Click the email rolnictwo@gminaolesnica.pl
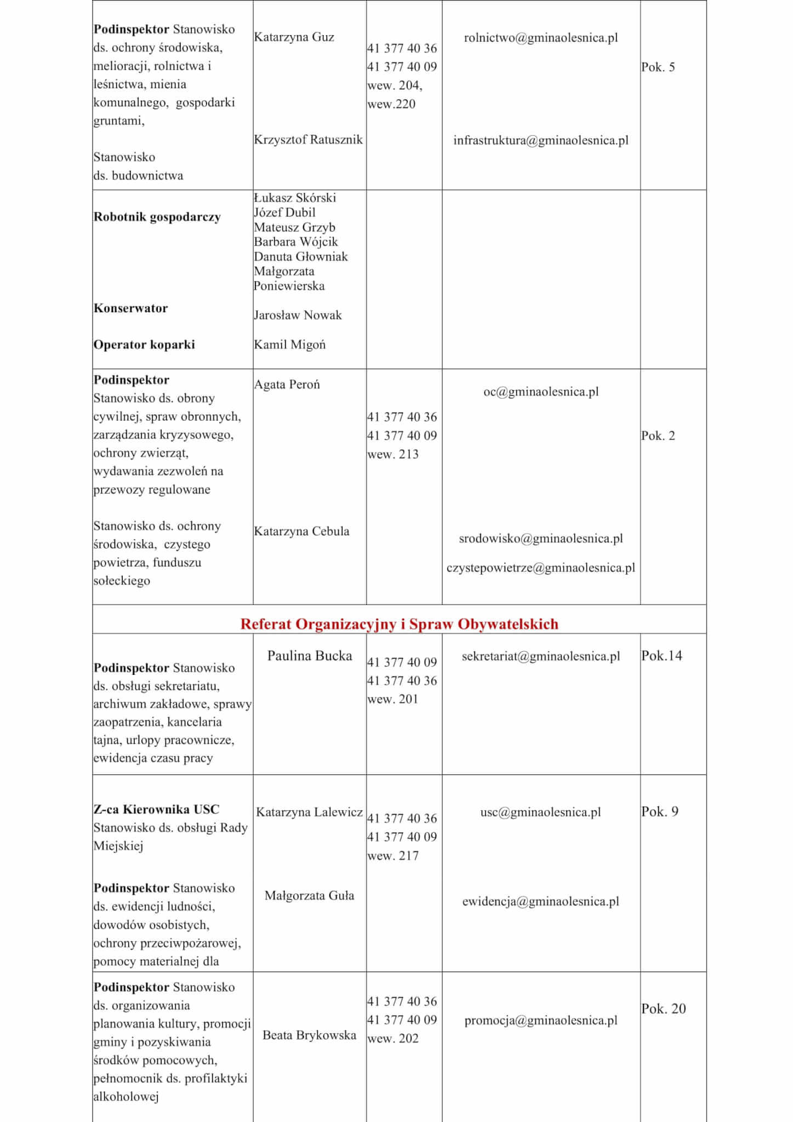pyautogui.click(x=540, y=38)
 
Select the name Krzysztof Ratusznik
pyautogui.click(x=308, y=140)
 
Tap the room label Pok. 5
pyautogui.click(x=658, y=67)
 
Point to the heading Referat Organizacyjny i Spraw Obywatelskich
pyautogui.click(x=399, y=624)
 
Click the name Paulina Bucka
pyautogui.click(x=310, y=656)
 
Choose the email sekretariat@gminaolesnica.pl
pyautogui.click(x=540, y=656)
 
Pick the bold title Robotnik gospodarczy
pyautogui.click(x=157, y=217)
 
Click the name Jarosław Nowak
pyautogui.click(x=298, y=315)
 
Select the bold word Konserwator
pyautogui.click(x=130, y=308)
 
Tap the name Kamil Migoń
pyautogui.click(x=289, y=345)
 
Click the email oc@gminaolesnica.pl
pyautogui.click(x=540, y=392)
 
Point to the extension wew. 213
pyautogui.click(x=393, y=454)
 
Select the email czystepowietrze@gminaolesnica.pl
pyautogui.click(x=540, y=568)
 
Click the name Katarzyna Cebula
pyautogui.click(x=301, y=531)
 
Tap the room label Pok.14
pyautogui.click(x=661, y=656)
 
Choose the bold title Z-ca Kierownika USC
pyautogui.click(x=156, y=809)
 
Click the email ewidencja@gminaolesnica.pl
pyautogui.click(x=540, y=901)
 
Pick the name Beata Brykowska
pyautogui.click(x=309, y=1035)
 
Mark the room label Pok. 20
pyautogui.click(x=663, y=1009)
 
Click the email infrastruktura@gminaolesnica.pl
pyautogui.click(x=540, y=140)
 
